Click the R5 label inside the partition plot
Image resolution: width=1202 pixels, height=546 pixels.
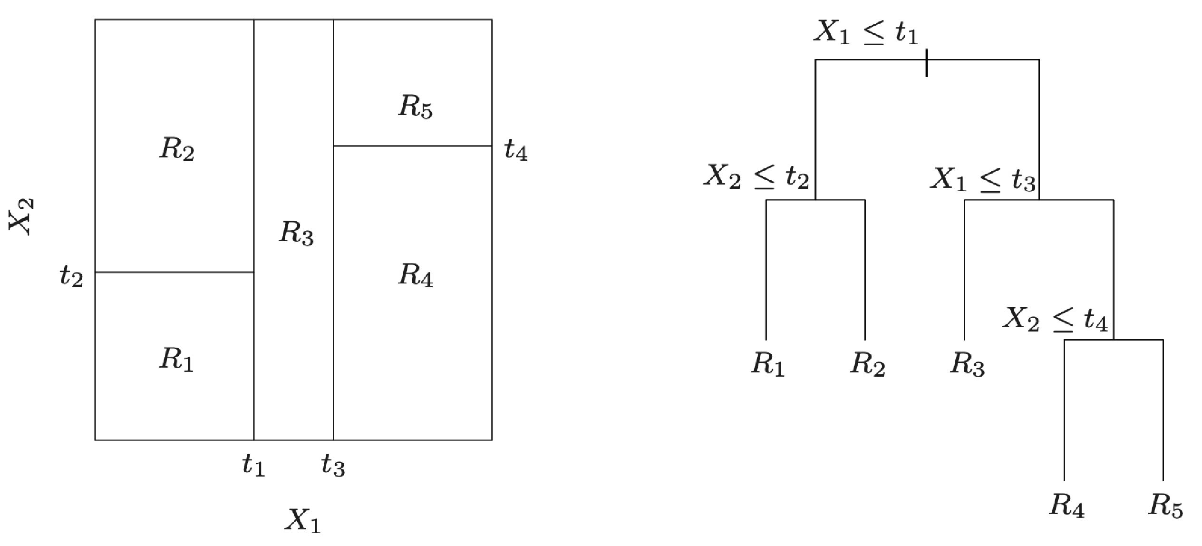pyautogui.click(x=415, y=107)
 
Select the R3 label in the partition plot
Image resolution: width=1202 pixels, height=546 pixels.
pyautogui.click(x=296, y=233)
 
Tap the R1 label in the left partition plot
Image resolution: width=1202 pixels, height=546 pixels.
pyautogui.click(x=176, y=359)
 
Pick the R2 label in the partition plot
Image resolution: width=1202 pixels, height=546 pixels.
pyautogui.click(x=177, y=149)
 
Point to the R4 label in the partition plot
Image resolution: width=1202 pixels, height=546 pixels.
pyautogui.click(x=415, y=275)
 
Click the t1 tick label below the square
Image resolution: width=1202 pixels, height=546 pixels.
pyautogui.click(x=253, y=464)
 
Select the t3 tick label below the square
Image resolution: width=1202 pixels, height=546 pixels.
pyautogui.click(x=333, y=464)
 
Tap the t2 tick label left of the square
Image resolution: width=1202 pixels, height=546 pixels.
pyautogui.click(x=71, y=276)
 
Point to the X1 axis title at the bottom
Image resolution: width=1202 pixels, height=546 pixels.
pyautogui.click(x=303, y=520)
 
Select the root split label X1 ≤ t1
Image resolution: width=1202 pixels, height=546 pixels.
pyautogui.click(x=865, y=32)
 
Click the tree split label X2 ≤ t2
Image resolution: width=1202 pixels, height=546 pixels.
pyautogui.click(x=756, y=177)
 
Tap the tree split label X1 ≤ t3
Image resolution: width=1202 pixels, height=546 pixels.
pyautogui.click(x=982, y=180)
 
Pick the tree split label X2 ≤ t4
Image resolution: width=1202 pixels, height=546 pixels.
pyautogui.click(x=1055, y=319)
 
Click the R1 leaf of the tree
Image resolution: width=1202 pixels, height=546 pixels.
pyautogui.click(x=767, y=364)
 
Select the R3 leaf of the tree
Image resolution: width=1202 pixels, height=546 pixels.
pyautogui.click(x=967, y=365)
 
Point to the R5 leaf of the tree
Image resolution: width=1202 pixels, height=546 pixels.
pyautogui.click(x=1165, y=505)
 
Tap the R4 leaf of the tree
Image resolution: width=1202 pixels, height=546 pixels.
pyautogui.click(x=1066, y=505)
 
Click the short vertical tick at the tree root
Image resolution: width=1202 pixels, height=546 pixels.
pyautogui.click(x=926, y=62)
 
